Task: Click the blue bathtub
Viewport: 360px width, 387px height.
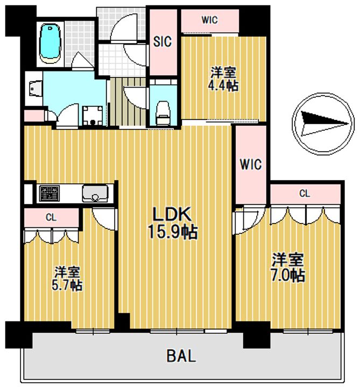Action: click(x=50, y=44)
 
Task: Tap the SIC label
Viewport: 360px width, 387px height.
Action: click(x=163, y=41)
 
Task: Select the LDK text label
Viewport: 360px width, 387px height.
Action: click(x=172, y=214)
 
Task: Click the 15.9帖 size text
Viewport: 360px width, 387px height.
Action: click(x=173, y=232)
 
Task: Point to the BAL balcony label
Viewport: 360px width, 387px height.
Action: click(x=181, y=356)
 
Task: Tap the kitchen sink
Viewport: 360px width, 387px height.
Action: click(x=95, y=193)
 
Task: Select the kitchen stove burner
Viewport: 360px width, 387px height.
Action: click(x=50, y=193)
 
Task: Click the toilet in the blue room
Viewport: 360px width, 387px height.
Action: click(x=163, y=113)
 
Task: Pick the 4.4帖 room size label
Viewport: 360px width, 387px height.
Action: click(x=223, y=85)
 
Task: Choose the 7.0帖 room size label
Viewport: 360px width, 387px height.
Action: click(x=288, y=276)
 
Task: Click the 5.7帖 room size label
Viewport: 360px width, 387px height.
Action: click(x=67, y=285)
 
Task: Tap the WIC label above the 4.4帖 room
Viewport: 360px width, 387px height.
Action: click(x=209, y=20)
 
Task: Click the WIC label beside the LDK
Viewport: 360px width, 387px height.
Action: click(x=251, y=164)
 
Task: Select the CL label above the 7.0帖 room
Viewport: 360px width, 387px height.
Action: click(x=305, y=193)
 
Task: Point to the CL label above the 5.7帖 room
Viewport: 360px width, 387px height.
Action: click(x=51, y=218)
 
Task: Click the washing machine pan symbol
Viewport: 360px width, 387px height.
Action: click(x=93, y=116)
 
